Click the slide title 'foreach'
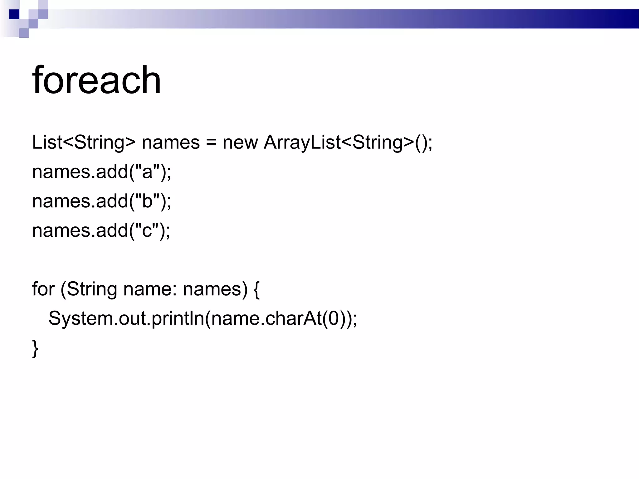(x=96, y=80)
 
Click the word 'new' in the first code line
(x=240, y=143)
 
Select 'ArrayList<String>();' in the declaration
(x=348, y=143)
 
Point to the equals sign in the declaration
(x=211, y=143)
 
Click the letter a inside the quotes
(x=147, y=172)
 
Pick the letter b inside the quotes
(x=147, y=201)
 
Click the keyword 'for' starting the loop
(x=43, y=289)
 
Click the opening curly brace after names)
(x=256, y=289)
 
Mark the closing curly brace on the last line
(x=35, y=348)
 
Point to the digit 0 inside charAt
(x=334, y=318)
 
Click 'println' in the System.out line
(x=178, y=318)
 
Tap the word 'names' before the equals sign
(x=171, y=143)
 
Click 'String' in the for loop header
(x=92, y=289)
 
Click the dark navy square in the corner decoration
(x=14, y=14)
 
